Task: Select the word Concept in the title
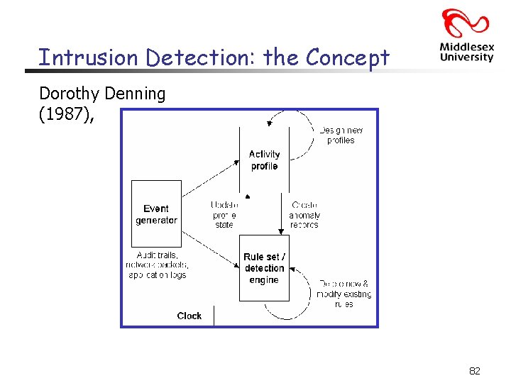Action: pos(347,57)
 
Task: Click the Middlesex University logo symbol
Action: pos(466,23)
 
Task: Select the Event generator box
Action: pos(156,214)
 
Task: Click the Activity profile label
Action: pos(264,160)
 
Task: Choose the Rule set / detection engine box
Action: pos(264,268)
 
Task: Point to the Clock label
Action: pos(189,316)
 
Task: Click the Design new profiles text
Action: pos(341,135)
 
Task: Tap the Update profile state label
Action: pos(224,214)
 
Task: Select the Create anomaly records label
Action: pos(304,214)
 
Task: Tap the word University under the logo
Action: pos(466,57)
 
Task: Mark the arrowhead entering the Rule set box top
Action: pos(281,231)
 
